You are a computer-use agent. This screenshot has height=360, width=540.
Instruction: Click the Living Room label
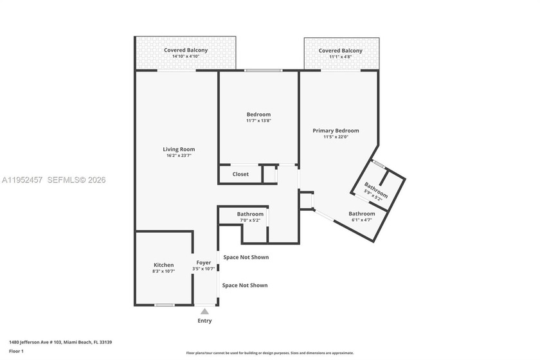tap(178, 149)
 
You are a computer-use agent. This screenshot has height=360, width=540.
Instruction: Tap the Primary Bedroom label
tap(336, 130)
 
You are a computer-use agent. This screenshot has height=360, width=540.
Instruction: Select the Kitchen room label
tap(163, 265)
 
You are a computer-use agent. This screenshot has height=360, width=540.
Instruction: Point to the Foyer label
tap(203, 262)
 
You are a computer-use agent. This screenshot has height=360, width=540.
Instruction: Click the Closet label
tap(240, 174)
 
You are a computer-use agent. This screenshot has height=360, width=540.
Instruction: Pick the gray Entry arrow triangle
tap(204, 312)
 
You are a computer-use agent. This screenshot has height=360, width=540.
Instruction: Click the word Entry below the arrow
tap(204, 321)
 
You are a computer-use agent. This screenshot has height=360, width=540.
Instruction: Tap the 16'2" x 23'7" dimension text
tap(178, 156)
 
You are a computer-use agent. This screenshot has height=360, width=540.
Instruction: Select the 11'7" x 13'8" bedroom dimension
tap(258, 121)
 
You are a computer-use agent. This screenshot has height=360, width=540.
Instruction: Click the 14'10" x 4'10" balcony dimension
tap(185, 57)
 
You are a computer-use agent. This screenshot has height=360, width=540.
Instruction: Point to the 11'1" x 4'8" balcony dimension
tap(340, 57)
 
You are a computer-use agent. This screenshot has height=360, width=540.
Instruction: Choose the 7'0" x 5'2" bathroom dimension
tap(250, 221)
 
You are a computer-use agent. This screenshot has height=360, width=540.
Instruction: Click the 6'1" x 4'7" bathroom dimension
tap(361, 220)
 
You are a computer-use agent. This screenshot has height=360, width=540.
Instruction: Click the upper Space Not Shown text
tap(246, 257)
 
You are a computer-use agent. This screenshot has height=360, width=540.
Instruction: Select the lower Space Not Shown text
tap(245, 285)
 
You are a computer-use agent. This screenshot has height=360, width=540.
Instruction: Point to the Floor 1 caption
tap(16, 352)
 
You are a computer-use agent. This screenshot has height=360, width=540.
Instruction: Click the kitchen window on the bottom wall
tap(165, 305)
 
